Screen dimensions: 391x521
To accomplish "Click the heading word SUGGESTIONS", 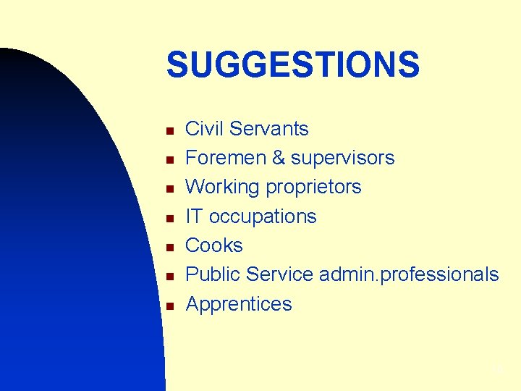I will [x=292, y=65].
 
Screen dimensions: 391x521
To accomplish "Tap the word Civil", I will [x=203, y=129].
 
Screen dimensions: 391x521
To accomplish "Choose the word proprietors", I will [x=313, y=188].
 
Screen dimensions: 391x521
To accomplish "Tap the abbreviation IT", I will [x=194, y=216].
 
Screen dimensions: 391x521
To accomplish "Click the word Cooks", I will [x=214, y=245].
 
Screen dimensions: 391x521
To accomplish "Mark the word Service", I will [x=280, y=274].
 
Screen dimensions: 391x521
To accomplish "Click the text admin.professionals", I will [x=409, y=275].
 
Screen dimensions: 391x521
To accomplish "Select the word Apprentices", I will [x=239, y=304].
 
